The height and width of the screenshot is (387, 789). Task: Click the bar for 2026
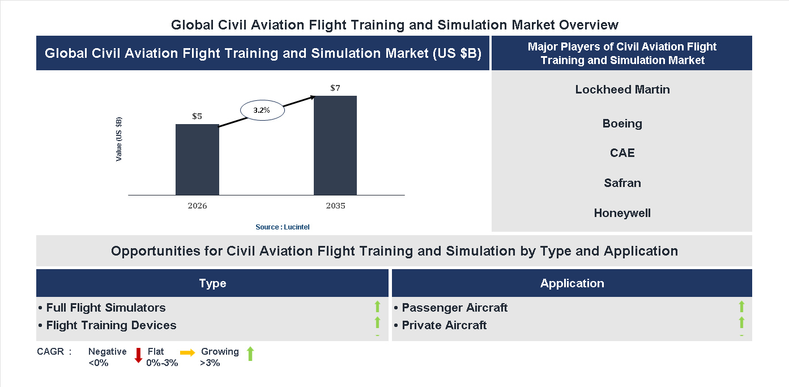pos(197,160)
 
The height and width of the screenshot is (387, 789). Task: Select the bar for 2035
pos(335,146)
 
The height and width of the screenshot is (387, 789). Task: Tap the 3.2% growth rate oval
pos(262,110)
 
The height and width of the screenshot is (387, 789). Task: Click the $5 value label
pos(197,116)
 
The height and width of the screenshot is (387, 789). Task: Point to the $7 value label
pos(335,88)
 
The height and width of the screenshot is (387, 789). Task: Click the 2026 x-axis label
pos(197,206)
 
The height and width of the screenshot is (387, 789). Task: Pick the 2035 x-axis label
pos(335,206)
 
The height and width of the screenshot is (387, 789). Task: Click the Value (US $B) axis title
pos(119,139)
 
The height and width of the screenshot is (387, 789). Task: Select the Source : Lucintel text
pos(282,227)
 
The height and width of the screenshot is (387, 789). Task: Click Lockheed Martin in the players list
pos(622,90)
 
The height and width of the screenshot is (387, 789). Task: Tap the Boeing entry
pos(622,124)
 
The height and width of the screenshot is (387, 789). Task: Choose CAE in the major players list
pos(622,153)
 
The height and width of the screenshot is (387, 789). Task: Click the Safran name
pos(622,183)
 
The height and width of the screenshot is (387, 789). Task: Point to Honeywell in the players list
pos(622,214)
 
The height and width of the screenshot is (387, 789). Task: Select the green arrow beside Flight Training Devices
pos(377,323)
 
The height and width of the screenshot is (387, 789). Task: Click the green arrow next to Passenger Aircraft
pos(741,307)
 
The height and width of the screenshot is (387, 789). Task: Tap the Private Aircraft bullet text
pos(443,325)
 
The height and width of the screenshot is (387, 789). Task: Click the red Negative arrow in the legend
pos(138,355)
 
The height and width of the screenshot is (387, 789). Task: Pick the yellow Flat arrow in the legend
pos(187,352)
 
